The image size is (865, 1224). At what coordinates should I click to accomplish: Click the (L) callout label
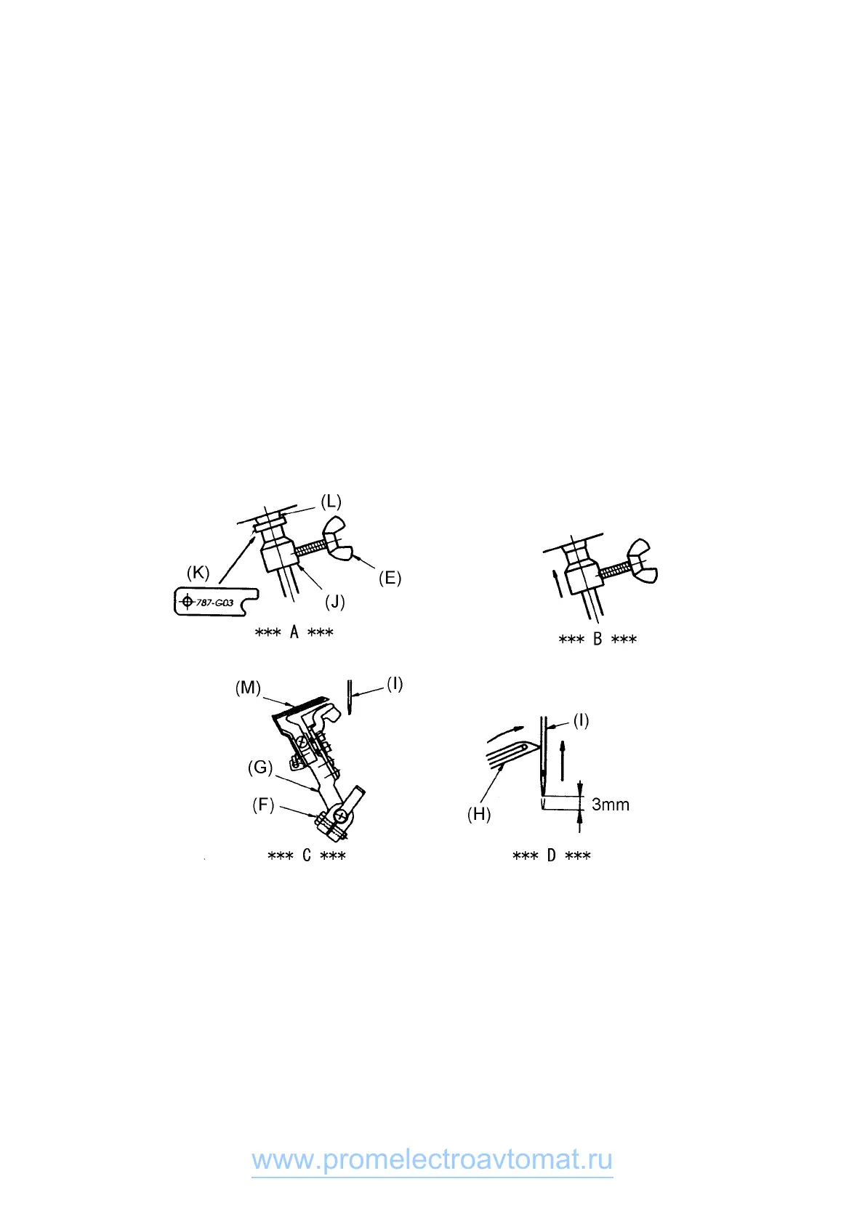331,502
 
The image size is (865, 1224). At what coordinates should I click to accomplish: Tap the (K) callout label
198,573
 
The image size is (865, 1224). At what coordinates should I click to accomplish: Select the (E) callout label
390,579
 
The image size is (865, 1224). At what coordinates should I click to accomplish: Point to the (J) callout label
334,603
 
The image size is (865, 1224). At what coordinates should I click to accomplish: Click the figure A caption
294,632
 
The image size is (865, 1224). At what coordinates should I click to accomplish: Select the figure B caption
598,640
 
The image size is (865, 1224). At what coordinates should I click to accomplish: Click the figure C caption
306,856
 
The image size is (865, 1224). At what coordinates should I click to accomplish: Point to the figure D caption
551,856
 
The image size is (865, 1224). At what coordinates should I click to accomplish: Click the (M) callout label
248,688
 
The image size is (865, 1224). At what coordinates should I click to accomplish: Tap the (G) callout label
260,768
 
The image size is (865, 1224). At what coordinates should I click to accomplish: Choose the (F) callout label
263,805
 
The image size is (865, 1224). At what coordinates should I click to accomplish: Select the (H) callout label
478,815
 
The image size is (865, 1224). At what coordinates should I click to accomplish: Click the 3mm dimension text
611,805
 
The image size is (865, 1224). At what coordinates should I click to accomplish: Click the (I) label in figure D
581,721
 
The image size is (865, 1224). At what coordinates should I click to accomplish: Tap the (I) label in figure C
395,684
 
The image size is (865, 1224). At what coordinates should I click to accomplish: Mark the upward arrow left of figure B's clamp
556,583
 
